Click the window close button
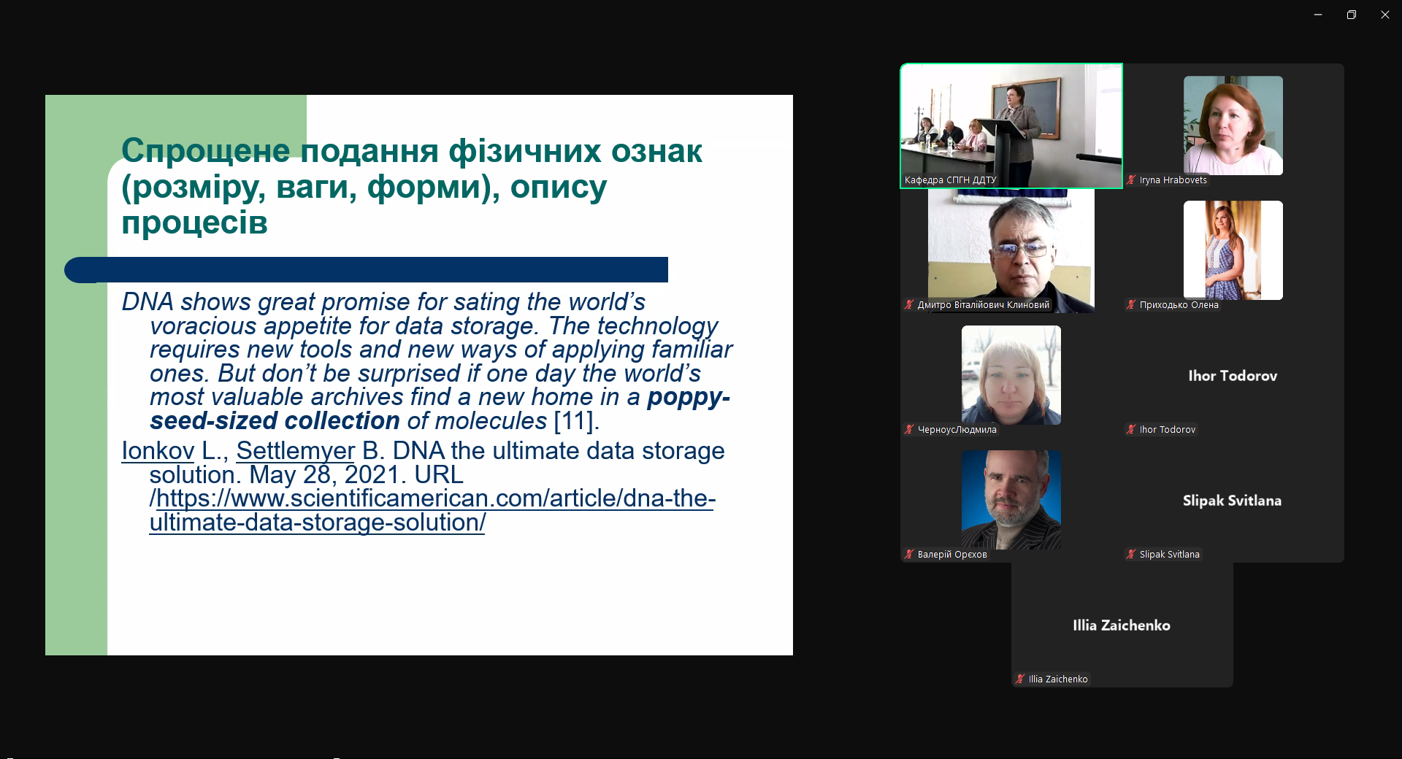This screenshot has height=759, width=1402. tap(1384, 15)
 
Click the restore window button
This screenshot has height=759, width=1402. tap(1351, 15)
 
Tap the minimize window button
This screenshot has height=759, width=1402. tap(1318, 15)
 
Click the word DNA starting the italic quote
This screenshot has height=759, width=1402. tap(148, 301)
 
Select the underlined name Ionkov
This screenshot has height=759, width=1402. tap(158, 451)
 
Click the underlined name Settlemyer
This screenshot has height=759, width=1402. tap(295, 451)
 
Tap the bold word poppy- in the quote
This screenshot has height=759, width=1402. tap(689, 398)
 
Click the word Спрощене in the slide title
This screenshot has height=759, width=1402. tap(206, 151)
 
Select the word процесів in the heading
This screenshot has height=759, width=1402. tap(195, 223)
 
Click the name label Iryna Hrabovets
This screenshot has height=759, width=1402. tap(1173, 180)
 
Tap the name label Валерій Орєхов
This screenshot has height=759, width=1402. tap(952, 555)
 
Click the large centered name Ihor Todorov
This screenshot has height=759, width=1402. tap(1233, 376)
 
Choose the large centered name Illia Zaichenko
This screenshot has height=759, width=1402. tap(1122, 625)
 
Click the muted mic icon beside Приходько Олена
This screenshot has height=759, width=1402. tap(1131, 305)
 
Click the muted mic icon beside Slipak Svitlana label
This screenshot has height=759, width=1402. tap(1131, 555)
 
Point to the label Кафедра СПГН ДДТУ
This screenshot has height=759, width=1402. tap(950, 180)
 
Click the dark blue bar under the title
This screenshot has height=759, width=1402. tap(366, 270)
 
